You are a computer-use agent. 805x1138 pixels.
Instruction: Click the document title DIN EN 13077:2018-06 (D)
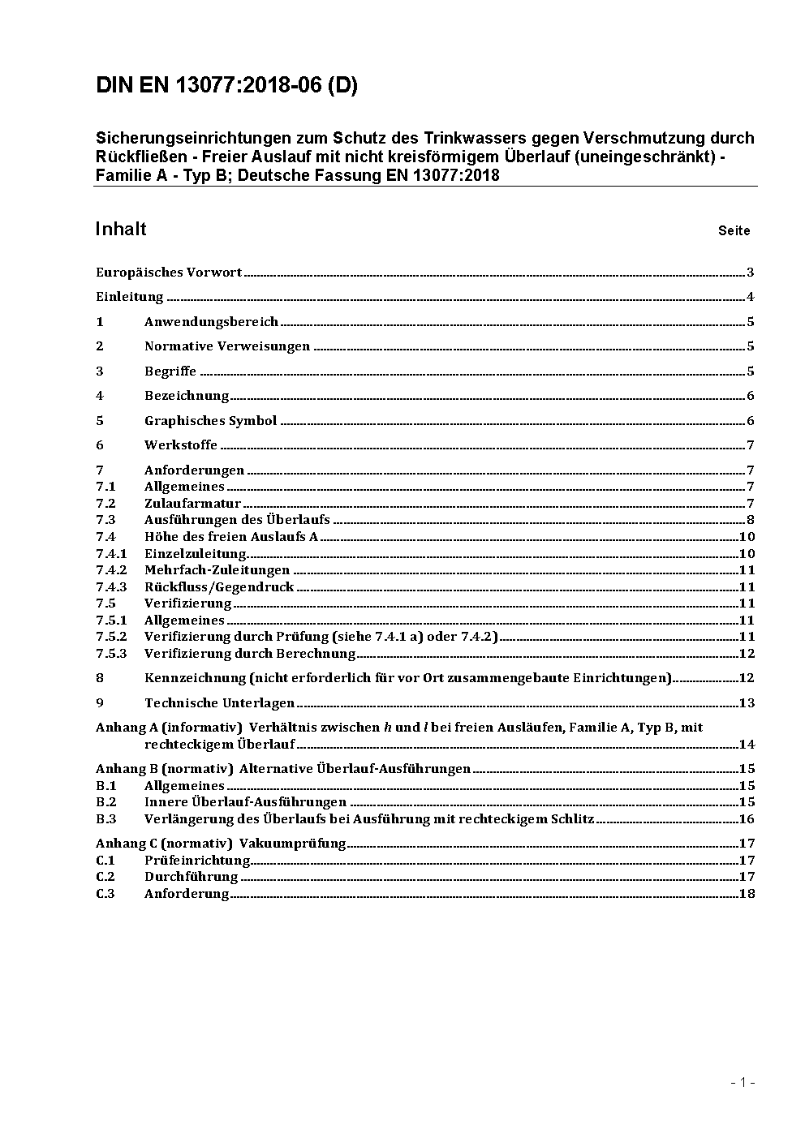[226, 86]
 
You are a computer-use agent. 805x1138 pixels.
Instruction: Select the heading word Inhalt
[121, 229]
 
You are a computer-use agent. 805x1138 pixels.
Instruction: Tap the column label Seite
[734, 231]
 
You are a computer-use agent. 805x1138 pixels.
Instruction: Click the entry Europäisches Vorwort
[169, 273]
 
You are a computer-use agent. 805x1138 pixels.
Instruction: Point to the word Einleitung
[130, 297]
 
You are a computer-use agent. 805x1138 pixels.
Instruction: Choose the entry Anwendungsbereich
[211, 322]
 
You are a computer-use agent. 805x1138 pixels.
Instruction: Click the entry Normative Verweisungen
[227, 346]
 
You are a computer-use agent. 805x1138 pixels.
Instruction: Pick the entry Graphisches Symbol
[210, 421]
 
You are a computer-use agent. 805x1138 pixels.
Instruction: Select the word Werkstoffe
[181, 445]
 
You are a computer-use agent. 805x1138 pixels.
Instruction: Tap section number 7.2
[105, 504]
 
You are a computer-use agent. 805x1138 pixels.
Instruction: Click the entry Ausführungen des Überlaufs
[237, 520]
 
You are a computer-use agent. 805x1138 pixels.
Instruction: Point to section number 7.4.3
[111, 587]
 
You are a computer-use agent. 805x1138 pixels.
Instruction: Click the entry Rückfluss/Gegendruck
[219, 587]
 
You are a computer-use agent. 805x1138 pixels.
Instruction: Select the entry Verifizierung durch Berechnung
[250, 654]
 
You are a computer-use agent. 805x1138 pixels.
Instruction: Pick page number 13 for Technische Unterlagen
[747, 703]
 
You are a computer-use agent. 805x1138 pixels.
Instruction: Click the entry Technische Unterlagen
[219, 703]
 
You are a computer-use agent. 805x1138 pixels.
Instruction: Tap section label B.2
[106, 802]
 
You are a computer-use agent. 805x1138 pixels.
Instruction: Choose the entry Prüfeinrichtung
[197, 861]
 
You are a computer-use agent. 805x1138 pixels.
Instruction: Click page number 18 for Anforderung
[747, 894]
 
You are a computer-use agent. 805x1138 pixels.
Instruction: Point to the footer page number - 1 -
[743, 1082]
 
